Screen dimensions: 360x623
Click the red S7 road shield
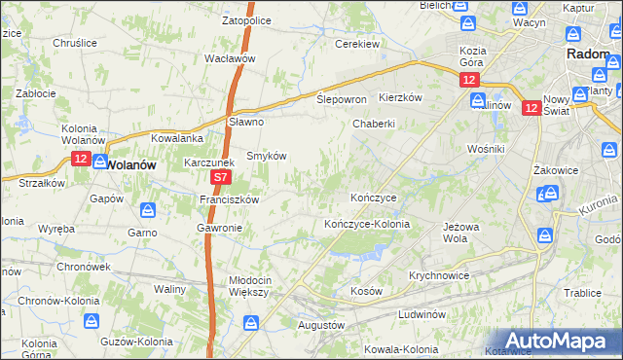click(221, 178)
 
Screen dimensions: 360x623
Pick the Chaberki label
click(374, 124)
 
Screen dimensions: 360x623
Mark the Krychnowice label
click(439, 275)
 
